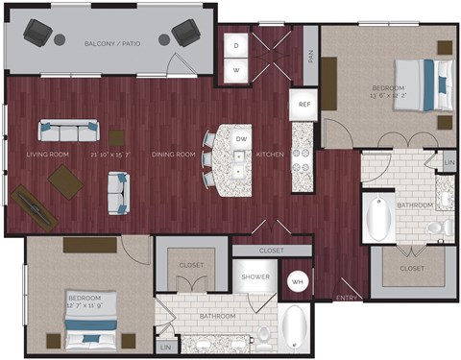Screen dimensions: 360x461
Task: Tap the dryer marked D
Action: (x=236, y=45)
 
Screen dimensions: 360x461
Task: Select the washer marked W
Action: (x=236, y=70)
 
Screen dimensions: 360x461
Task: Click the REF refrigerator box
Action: (x=303, y=105)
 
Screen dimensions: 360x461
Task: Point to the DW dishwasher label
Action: (x=241, y=139)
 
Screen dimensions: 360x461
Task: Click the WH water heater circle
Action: (x=299, y=282)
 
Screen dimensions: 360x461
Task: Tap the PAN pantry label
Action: (x=310, y=56)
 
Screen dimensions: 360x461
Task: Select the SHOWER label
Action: (x=254, y=276)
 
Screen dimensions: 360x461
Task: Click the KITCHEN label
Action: (x=269, y=154)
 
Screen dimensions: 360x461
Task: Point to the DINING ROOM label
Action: (x=175, y=154)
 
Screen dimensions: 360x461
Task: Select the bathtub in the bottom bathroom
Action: (x=296, y=328)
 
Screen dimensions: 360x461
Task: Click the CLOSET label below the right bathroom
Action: (x=411, y=270)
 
